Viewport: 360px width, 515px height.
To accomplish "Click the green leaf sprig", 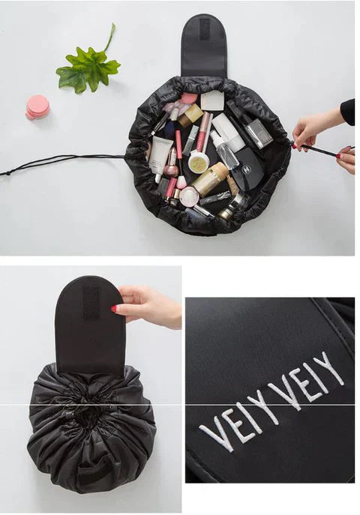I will pos(88,64).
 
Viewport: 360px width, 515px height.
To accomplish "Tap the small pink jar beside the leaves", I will pos(37,107).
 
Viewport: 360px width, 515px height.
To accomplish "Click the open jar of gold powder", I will pos(198,162).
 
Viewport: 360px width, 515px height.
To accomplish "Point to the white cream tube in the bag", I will pos(160,153).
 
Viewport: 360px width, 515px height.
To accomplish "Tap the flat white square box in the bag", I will pos(212,100).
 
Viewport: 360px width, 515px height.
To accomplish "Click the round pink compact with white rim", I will pos(187,196).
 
